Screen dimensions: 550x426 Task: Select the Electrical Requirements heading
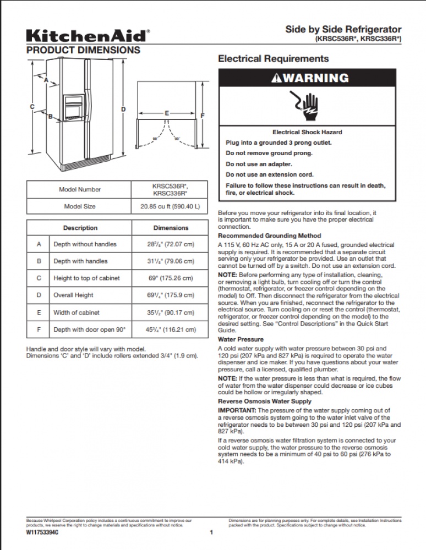[x=274, y=59]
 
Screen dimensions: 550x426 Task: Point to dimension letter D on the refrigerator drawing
[x=123, y=109]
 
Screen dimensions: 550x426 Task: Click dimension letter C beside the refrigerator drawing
[x=32, y=106]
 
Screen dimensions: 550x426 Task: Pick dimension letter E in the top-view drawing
[x=167, y=113]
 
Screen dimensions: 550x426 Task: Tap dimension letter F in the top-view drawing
[x=203, y=116]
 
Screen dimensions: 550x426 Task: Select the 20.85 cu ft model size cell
[x=170, y=207]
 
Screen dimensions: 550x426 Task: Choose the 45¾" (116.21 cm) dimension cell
[x=170, y=330]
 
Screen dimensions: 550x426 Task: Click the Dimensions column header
[x=171, y=228]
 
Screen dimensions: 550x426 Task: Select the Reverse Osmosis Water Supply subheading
[x=264, y=402]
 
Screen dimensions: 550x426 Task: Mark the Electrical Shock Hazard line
[x=307, y=133]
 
